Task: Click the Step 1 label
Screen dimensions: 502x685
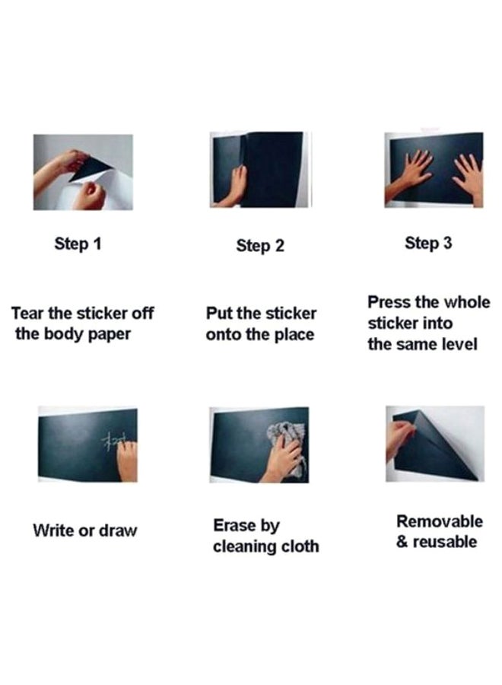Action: pyautogui.click(x=78, y=244)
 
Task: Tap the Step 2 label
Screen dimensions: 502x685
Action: pyautogui.click(x=260, y=246)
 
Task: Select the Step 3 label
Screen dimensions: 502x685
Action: pyautogui.click(x=428, y=244)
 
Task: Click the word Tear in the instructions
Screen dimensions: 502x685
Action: pyautogui.click(x=27, y=314)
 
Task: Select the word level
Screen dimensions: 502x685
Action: pyautogui.click(x=459, y=344)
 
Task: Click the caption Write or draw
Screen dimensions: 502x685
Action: pyautogui.click(x=85, y=530)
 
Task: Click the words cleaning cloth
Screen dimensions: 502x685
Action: pyautogui.click(x=266, y=546)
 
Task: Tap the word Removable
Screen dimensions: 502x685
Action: pyautogui.click(x=440, y=521)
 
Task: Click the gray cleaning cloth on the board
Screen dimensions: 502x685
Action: pyautogui.click(x=286, y=441)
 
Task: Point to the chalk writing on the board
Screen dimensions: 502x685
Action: pyautogui.click(x=112, y=441)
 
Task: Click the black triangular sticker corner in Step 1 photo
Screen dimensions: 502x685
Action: pyautogui.click(x=91, y=168)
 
